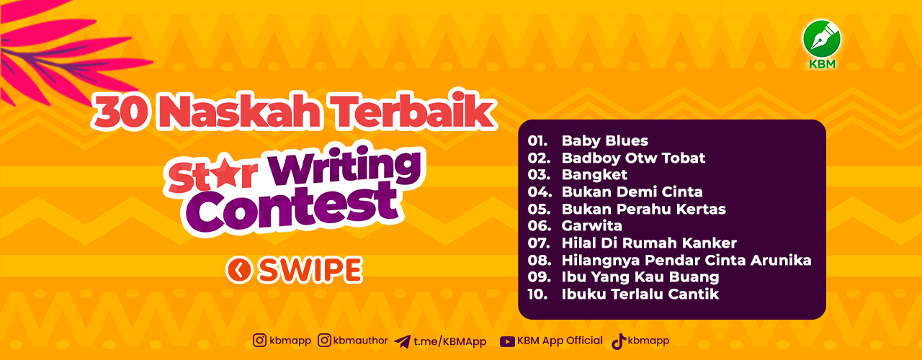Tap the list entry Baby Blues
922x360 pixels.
(604, 140)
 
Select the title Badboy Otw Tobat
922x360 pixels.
(633, 158)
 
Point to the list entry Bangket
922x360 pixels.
(594, 175)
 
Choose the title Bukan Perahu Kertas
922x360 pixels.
(644, 209)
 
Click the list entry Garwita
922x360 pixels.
(592, 226)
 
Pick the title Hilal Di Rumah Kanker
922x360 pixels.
(649, 243)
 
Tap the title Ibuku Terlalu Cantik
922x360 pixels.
(640, 294)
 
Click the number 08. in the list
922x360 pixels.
(540, 260)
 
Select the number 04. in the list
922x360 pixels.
(540, 192)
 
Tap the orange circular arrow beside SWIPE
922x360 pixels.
(238, 270)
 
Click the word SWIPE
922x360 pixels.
(310, 270)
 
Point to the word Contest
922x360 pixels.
(292, 208)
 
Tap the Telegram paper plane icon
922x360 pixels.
(402, 341)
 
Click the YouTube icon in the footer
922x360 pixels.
(507, 341)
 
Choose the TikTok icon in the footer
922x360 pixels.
(619, 341)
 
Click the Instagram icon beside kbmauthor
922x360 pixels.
(324, 341)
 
